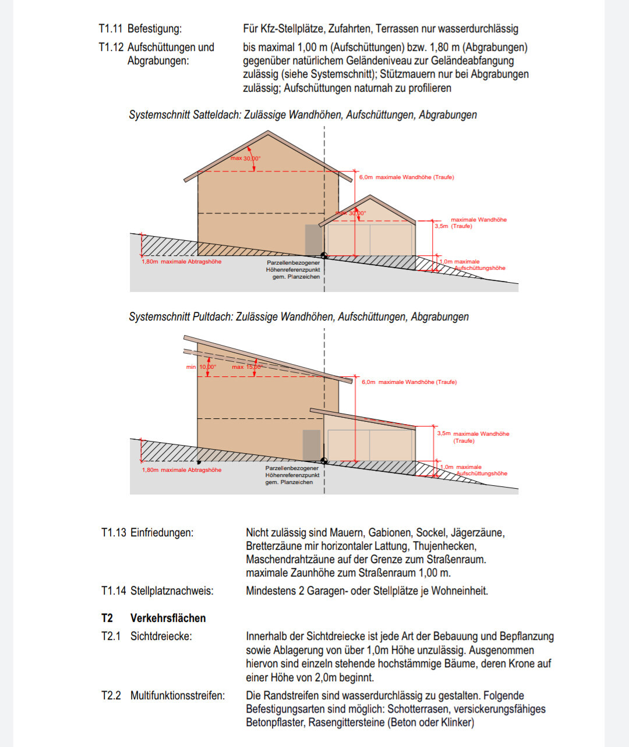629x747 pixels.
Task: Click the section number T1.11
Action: tap(110, 29)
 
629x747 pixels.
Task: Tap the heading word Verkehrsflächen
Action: tap(168, 618)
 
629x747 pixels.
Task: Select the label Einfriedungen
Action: tap(161, 532)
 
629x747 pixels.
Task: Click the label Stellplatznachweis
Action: tap(171, 591)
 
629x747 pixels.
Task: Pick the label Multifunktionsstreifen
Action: tap(177, 695)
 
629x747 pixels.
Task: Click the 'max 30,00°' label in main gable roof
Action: tap(245, 158)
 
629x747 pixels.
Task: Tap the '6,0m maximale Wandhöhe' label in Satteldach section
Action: tap(406, 177)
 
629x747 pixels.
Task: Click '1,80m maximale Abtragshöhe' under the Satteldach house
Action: tap(181, 262)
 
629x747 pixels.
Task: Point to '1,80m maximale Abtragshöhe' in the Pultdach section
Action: tap(181, 470)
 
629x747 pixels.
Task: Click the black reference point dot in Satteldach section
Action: tap(324, 255)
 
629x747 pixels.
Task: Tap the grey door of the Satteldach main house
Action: tap(313, 240)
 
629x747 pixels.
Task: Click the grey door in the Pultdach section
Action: tap(311, 445)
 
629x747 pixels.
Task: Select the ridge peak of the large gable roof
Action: tap(268, 133)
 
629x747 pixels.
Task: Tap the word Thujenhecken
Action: tap(445, 546)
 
